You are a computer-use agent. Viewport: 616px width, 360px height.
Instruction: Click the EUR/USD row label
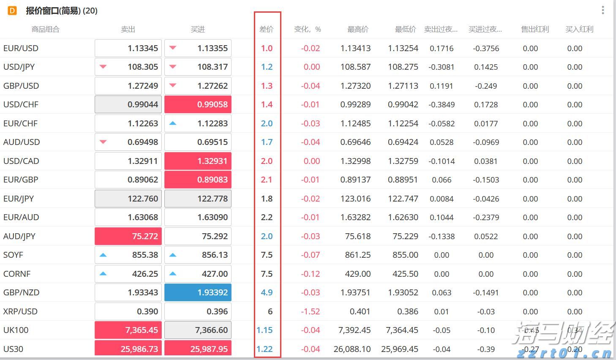click(21, 48)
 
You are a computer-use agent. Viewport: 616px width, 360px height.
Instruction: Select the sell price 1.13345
click(143, 48)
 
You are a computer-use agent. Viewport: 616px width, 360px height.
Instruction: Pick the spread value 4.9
click(267, 292)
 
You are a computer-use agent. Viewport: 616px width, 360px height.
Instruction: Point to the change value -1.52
click(311, 311)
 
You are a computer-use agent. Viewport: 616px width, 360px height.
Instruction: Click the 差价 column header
click(266, 29)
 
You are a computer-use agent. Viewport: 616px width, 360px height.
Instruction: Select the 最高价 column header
click(358, 29)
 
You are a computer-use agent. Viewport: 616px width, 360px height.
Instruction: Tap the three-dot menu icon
click(603, 10)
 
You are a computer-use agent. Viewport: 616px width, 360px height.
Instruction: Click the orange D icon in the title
click(12, 11)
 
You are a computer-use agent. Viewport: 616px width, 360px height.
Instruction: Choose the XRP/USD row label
click(20, 311)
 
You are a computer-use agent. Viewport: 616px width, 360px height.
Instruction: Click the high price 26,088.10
click(352, 349)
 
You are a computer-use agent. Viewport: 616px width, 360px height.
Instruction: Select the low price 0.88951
click(403, 180)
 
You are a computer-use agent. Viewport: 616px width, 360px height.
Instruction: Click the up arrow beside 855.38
click(103, 255)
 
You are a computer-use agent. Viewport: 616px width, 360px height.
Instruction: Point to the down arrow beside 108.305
click(103, 67)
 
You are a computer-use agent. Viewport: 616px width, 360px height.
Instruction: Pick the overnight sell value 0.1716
click(442, 48)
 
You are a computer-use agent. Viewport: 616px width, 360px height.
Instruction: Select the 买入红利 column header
click(579, 29)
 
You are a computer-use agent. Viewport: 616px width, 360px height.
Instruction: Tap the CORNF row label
click(17, 274)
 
